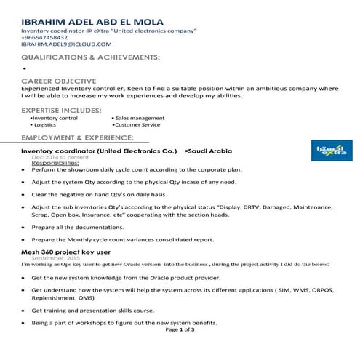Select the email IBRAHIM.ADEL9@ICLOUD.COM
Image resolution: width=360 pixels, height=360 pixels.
[65, 44]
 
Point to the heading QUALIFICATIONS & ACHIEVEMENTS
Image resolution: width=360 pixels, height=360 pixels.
[90, 56]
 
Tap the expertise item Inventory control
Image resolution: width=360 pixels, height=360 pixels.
[54, 118]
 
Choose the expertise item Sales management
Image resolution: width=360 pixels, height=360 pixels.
[138, 118]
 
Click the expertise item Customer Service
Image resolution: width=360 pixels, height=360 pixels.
[137, 126]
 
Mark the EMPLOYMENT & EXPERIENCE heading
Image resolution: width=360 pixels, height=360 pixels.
[77, 137]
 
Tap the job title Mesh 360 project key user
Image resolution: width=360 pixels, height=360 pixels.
[68, 252]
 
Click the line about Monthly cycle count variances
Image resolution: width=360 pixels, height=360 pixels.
[122, 239]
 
